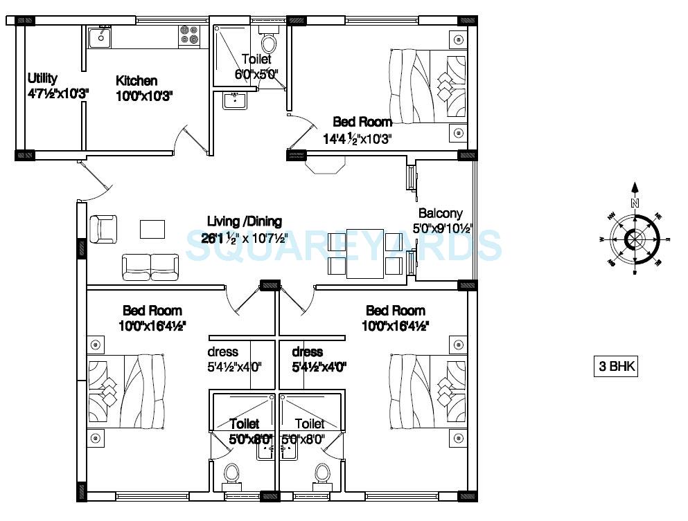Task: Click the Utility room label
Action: [x=42, y=78]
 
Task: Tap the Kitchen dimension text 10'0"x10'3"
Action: [x=144, y=96]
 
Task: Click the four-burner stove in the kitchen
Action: [x=188, y=35]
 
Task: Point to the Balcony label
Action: [x=440, y=213]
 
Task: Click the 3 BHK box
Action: [x=614, y=367]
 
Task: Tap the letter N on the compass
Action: [x=633, y=203]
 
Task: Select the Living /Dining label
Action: [x=245, y=221]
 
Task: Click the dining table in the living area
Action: [x=365, y=254]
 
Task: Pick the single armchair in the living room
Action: [x=103, y=228]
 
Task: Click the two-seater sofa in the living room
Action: [x=150, y=266]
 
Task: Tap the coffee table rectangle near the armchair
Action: [x=152, y=228]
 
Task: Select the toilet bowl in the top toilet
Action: [x=269, y=44]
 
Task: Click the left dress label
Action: [x=223, y=352]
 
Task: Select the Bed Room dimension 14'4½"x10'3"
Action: [x=358, y=138]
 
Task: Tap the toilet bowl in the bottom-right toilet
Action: [x=321, y=475]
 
